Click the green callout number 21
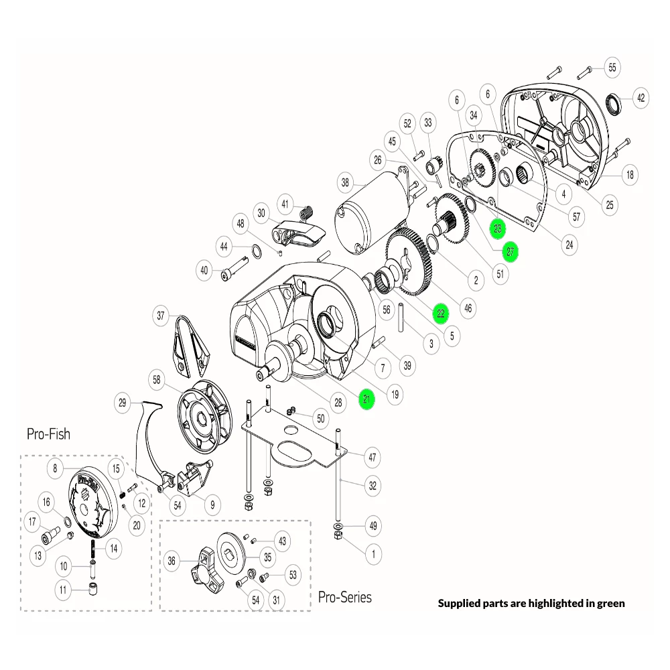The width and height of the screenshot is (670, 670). tap(366, 400)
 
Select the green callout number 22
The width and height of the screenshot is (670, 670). tap(440, 313)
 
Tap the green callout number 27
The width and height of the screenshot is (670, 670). tap(511, 252)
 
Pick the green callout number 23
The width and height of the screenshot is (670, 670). tap(497, 229)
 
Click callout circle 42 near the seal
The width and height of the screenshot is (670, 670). tap(641, 98)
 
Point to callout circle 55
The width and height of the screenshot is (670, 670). tap(612, 67)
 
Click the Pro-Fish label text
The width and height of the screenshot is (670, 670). tap(48, 433)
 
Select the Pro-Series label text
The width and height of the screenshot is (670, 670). tap(344, 596)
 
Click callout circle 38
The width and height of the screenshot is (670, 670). tap(345, 182)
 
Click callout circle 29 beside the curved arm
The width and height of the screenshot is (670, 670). tap(122, 403)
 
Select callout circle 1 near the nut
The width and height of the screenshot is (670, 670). tap(373, 553)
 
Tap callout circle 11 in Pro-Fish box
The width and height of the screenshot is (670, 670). tap(64, 590)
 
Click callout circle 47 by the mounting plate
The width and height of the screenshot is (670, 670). tap(373, 458)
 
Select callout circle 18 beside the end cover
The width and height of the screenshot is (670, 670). tap(629, 176)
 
